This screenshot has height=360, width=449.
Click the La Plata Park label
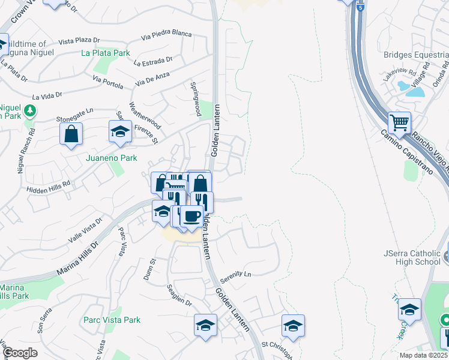click(x=106, y=53)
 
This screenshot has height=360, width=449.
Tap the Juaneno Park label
click(x=112, y=158)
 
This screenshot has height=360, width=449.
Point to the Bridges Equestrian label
click(x=416, y=55)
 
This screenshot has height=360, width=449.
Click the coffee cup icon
click(x=191, y=215)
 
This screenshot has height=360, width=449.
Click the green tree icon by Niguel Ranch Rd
click(x=29, y=110)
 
